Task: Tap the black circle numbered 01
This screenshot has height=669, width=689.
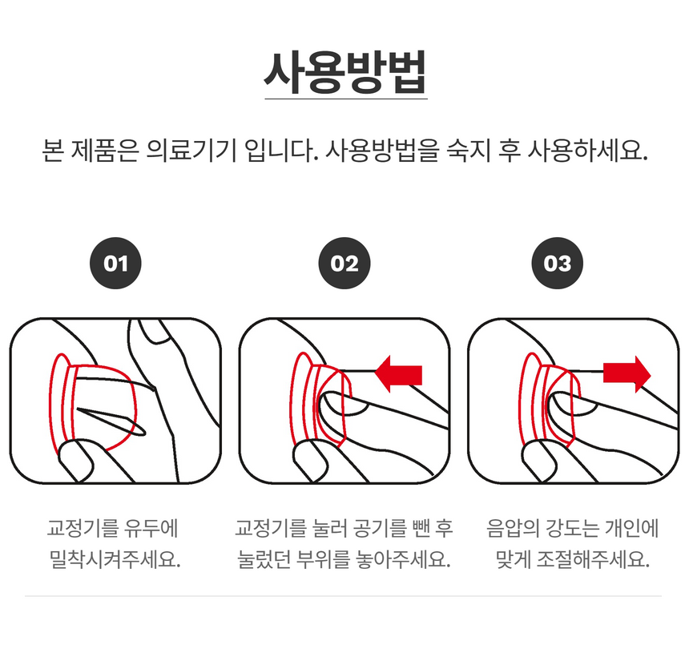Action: coord(115,263)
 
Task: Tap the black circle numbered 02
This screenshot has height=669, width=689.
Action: coord(344,263)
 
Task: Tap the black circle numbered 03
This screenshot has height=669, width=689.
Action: coord(558,263)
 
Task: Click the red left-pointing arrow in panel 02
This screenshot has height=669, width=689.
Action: coord(399,374)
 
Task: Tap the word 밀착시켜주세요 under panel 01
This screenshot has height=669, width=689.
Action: coord(115,558)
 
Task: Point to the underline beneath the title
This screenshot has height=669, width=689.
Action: coord(345,99)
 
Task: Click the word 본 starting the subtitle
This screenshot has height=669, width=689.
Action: coord(51,151)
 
